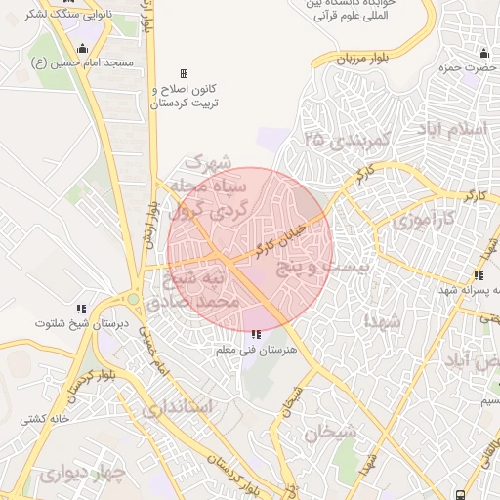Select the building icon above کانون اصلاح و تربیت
point(183,74)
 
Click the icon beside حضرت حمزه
point(483,52)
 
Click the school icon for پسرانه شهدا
point(478,276)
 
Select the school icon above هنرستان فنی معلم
point(256,335)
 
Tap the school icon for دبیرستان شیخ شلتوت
point(82,309)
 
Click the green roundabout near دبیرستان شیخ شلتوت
point(132,299)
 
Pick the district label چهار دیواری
point(79,476)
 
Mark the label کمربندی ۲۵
point(346,143)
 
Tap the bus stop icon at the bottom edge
point(459,493)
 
